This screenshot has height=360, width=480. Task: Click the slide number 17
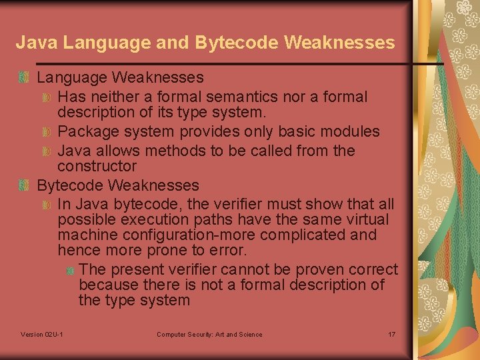pyautogui.click(x=391, y=334)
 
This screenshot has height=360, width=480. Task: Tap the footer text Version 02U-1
pyautogui.click(x=42, y=334)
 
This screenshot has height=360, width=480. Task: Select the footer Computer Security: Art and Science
pyautogui.click(x=209, y=334)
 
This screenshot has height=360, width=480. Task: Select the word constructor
pyautogui.click(x=97, y=166)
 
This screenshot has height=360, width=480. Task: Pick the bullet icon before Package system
pyautogui.click(x=47, y=133)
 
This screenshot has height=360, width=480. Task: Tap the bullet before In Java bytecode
pyautogui.click(x=47, y=205)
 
